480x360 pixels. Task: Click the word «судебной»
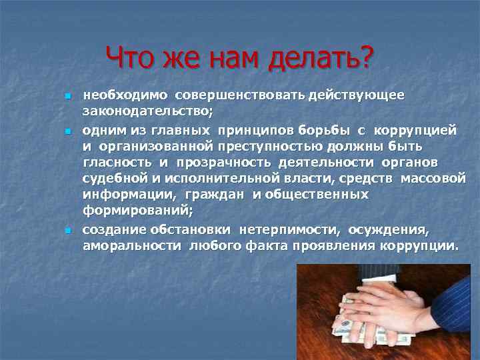(111, 179)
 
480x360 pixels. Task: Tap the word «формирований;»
(137, 212)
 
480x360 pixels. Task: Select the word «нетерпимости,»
(289, 229)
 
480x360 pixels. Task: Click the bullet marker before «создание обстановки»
(68, 230)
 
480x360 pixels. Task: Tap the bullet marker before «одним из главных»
(68, 129)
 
